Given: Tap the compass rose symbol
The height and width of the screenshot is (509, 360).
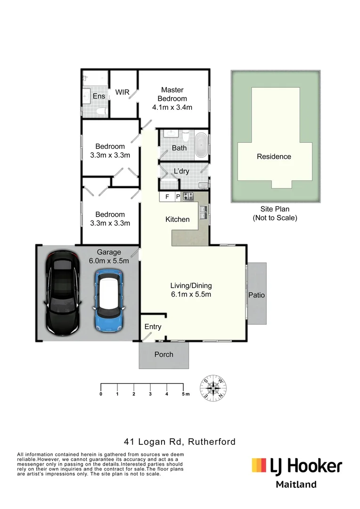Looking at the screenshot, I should tap(214, 388).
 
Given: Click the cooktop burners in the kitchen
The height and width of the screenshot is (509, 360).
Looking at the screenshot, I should tap(188, 197).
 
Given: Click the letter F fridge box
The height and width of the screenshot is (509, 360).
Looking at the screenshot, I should tap(167, 197).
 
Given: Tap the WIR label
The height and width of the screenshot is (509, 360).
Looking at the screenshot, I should tap(123, 92).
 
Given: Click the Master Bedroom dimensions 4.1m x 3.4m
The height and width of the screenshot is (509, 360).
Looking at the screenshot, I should tap(172, 107).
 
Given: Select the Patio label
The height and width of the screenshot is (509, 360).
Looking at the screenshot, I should tap(257, 295).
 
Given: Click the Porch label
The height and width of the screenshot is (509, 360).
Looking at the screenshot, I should tap(164, 354).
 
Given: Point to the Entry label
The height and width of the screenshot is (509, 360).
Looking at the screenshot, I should tap(153, 327).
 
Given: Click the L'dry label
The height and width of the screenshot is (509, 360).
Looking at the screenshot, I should tap(181, 171).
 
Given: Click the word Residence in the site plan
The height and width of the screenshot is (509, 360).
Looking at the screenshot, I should tap(274, 156).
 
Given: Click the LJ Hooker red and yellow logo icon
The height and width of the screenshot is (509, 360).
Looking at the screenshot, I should tap(259, 466).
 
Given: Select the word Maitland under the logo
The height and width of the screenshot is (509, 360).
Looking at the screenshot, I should tap(296, 484).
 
